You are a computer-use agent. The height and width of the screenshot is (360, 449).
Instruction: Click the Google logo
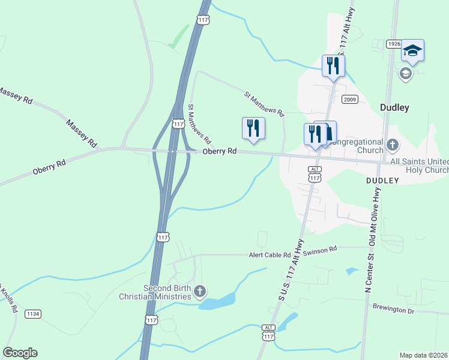(20, 353)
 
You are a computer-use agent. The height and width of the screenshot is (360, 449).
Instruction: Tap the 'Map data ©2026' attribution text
(424, 355)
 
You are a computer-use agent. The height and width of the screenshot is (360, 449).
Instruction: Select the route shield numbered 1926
(394, 44)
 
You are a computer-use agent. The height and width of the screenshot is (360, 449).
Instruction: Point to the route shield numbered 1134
(32, 314)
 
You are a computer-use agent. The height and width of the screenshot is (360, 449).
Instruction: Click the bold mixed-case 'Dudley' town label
(395, 108)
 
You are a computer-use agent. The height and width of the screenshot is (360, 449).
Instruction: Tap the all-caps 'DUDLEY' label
(383, 180)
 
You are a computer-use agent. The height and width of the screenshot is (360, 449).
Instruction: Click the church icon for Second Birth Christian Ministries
(200, 292)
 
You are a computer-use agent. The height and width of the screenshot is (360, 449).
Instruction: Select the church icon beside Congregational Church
(393, 145)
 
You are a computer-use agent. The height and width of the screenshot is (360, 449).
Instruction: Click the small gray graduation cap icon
(405, 74)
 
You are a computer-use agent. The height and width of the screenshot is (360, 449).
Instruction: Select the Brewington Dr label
(394, 311)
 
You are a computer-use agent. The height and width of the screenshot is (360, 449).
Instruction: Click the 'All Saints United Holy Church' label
(419, 166)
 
